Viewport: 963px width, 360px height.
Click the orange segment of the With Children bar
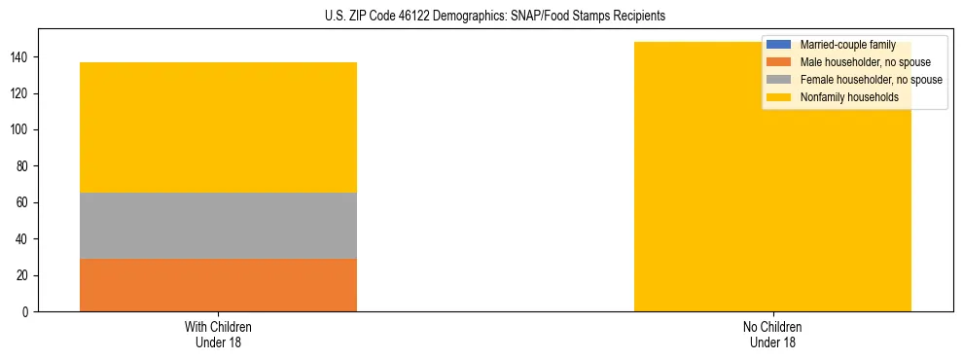[x=218, y=284]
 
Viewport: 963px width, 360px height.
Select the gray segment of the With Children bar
[x=218, y=226]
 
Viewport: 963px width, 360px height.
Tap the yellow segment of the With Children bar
[x=218, y=127]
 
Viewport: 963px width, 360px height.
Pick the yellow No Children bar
[x=772, y=195]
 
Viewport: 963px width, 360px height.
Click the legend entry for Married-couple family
[x=847, y=45]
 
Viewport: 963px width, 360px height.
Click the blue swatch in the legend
[x=779, y=45]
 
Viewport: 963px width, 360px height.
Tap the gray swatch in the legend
[x=779, y=80]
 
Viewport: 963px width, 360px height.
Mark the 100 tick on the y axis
[x=22, y=130]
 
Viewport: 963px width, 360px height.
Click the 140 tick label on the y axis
[x=22, y=57]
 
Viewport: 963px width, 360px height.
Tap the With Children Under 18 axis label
[x=218, y=334]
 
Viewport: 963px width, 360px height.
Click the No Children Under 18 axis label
[x=772, y=334]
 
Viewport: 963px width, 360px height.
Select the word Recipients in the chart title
[x=639, y=17]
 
